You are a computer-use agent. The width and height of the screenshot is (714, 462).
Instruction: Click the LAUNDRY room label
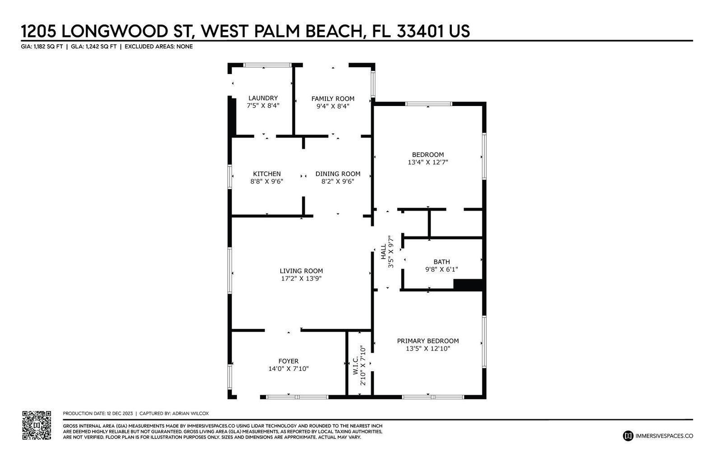pos(263,98)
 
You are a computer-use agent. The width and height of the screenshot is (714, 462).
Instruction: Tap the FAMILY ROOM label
pos(333,98)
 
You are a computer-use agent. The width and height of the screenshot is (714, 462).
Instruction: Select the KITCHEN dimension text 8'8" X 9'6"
pos(266,181)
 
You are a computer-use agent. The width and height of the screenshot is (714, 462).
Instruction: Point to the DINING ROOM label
pos(338,174)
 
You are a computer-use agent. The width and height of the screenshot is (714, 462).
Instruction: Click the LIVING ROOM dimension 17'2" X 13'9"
pos(301,278)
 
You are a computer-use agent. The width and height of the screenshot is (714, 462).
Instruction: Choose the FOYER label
pos(288,361)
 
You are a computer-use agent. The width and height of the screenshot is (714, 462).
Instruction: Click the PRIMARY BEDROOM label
pos(427,341)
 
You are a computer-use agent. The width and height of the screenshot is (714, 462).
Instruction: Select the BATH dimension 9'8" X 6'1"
pos(441,269)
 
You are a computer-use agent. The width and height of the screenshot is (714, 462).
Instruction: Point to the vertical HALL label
pos(384,252)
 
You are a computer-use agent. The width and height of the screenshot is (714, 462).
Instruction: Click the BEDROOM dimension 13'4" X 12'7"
pos(427,162)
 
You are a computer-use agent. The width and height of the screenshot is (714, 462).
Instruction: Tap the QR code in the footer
pos(37,425)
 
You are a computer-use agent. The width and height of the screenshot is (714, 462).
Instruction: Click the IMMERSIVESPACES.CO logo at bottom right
pos(658,436)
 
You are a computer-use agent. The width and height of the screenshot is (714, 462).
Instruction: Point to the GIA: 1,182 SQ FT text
pos(42,46)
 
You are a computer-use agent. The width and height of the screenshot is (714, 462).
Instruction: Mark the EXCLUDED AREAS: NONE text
pos(158,46)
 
